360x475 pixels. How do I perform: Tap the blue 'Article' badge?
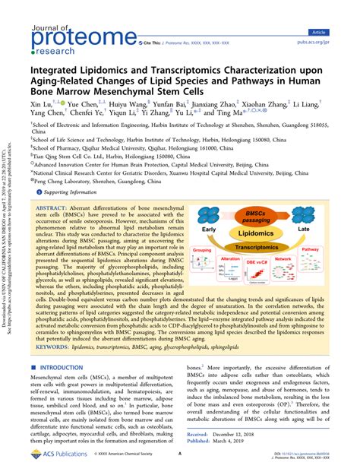pos(339,33)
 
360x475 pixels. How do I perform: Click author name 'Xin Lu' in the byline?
pos(40,100)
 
